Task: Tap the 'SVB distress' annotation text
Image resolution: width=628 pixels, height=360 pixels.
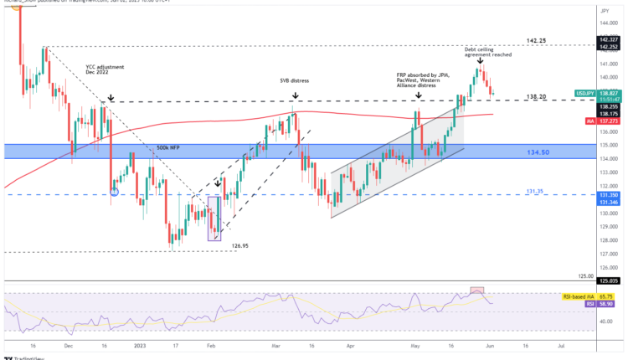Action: point(294,80)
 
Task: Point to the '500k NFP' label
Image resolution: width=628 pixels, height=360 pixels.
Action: point(167,148)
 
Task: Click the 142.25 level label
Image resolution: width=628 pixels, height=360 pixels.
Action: point(537,40)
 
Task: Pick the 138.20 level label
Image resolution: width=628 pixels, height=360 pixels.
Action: point(537,97)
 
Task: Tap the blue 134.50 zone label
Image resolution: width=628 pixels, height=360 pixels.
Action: point(538,153)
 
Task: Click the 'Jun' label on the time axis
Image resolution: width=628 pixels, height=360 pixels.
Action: point(500,343)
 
